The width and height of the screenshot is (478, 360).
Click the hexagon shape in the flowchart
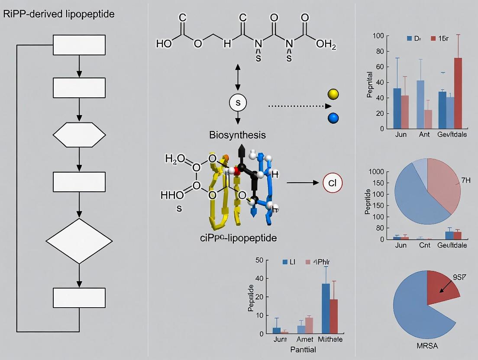pos(79,135)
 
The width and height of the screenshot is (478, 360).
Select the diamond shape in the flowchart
pos(79,241)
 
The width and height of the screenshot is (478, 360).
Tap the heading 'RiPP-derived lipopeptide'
pos(59,14)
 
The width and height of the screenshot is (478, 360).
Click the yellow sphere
pos(333,94)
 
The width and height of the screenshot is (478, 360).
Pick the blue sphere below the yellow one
pos(333,118)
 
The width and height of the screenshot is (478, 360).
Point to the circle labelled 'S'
pos(237,103)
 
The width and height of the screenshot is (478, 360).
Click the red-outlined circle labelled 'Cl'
pos(333,183)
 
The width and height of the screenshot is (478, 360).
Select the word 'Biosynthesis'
pos(237,135)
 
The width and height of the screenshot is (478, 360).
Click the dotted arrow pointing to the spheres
pos(299,106)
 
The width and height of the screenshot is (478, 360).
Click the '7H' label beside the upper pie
pos(465,180)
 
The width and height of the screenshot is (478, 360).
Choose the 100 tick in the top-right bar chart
pos(378,35)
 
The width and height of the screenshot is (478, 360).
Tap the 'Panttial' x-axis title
pos(303,349)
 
